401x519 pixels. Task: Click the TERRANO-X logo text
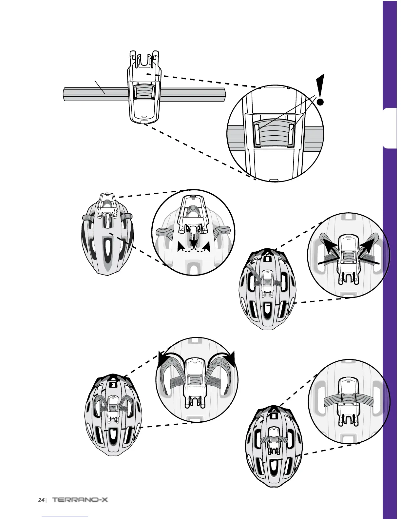80,500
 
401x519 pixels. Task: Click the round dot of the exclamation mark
321,102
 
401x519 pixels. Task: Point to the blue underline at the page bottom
65,516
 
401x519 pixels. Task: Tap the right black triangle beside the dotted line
206,247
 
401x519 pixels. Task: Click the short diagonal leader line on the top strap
100,87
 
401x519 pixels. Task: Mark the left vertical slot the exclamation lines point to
257,136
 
